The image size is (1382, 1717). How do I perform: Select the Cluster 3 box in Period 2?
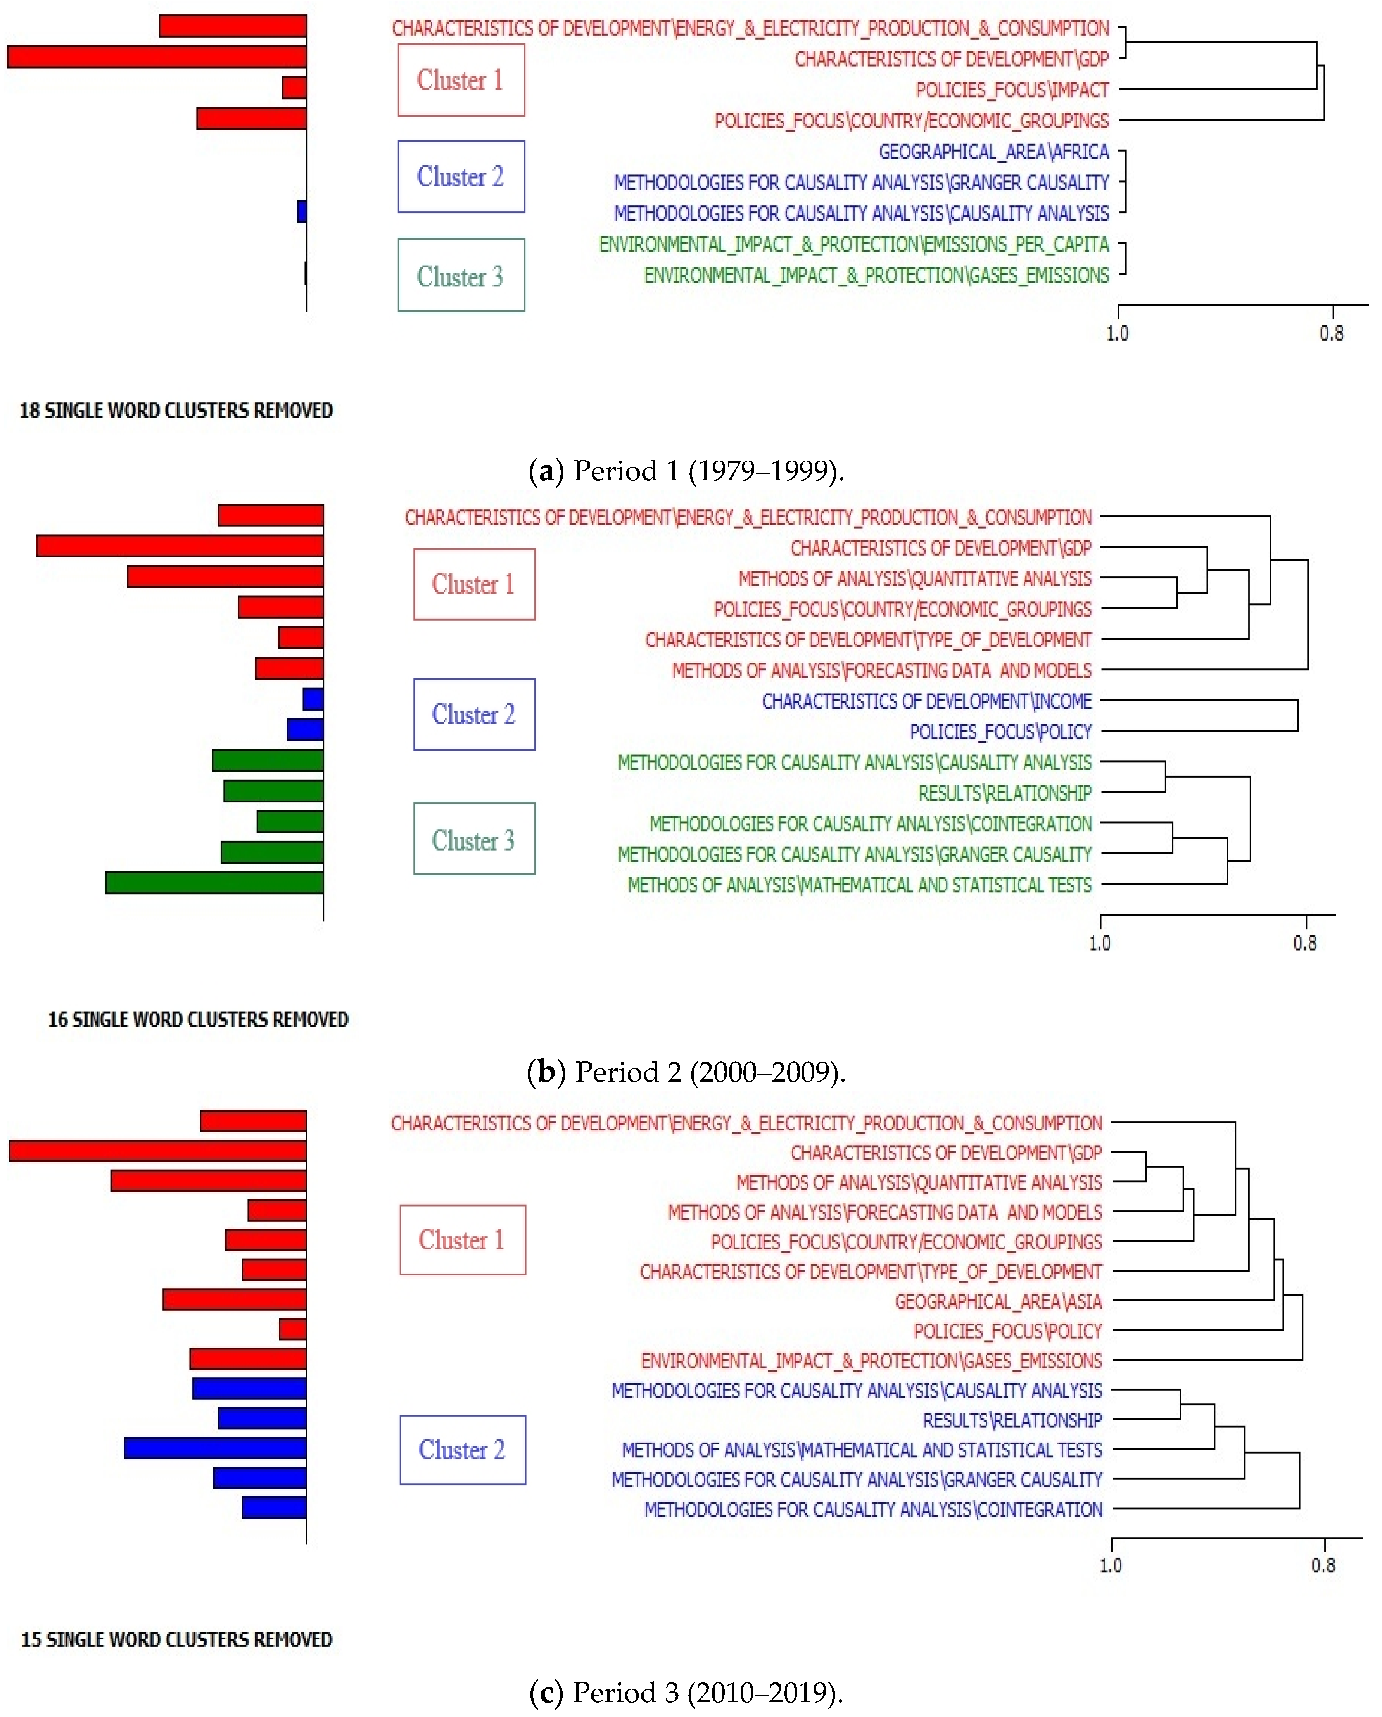[474, 839]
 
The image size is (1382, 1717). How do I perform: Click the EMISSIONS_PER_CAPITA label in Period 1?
[853, 245]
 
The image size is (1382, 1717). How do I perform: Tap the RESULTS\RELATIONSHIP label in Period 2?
[1004, 793]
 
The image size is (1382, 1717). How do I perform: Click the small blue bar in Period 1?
[302, 211]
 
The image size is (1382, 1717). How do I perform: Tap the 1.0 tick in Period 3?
[1111, 1565]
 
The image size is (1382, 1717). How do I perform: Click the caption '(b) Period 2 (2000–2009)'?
[686, 1072]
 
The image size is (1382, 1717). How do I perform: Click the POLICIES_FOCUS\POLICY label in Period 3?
[1008, 1331]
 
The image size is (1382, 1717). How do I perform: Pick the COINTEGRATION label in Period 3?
[873, 1509]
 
